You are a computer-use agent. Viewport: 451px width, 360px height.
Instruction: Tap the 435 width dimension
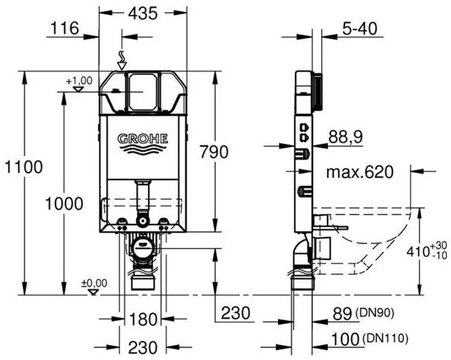tap(143, 14)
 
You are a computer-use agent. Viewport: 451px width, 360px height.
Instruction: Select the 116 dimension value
tap(65, 28)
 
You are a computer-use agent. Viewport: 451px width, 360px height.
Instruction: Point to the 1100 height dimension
tap(24, 167)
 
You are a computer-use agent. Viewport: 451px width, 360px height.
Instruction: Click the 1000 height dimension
tap(64, 204)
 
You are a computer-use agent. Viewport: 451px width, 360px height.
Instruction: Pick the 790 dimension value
tap(214, 152)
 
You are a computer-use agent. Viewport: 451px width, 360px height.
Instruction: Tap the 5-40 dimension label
tap(360, 28)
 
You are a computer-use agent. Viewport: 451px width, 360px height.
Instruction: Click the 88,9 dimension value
tap(346, 137)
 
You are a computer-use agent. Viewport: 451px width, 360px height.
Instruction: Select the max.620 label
tap(360, 172)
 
